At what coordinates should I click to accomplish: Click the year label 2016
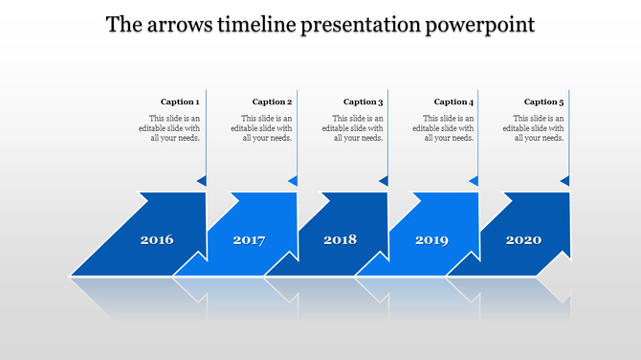click(157, 240)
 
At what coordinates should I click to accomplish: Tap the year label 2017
click(249, 240)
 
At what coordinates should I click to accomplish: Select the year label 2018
click(340, 240)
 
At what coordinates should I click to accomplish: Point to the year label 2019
click(431, 240)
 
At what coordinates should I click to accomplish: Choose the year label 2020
click(523, 240)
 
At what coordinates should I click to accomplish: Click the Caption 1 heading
click(180, 101)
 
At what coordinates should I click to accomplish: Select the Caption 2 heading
click(272, 101)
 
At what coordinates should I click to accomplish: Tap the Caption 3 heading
click(364, 101)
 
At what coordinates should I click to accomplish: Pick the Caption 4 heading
click(453, 101)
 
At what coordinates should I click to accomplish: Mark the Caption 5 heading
click(544, 101)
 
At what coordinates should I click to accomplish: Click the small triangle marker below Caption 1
click(202, 181)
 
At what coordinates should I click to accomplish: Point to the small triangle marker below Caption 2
click(293, 181)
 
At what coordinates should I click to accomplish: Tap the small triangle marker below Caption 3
click(384, 181)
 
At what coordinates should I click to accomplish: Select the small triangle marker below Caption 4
click(474, 181)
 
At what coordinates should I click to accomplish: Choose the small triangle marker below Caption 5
click(564, 181)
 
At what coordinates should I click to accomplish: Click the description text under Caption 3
click(353, 128)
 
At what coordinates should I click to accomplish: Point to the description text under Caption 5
click(534, 128)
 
